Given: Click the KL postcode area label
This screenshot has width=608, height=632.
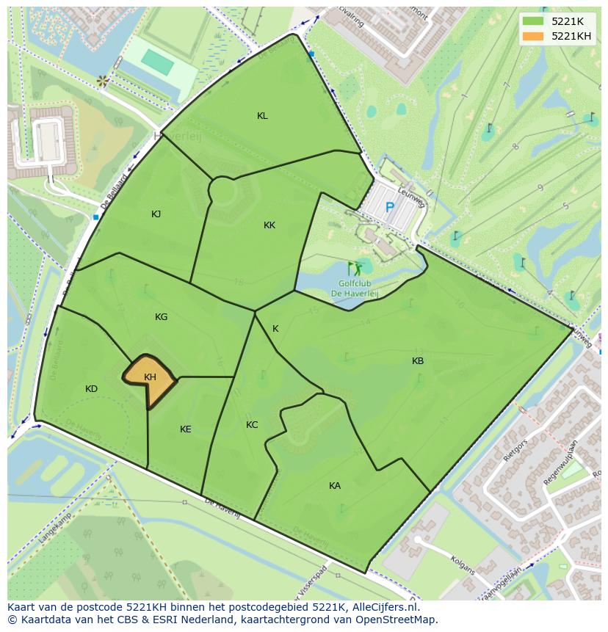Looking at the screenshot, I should pyautogui.click(x=262, y=116).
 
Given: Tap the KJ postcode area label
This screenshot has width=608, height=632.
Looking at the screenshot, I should pyautogui.click(x=156, y=214).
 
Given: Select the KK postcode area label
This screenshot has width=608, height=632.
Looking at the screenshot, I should pyautogui.click(x=269, y=225).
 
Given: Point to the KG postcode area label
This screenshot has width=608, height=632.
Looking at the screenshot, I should pyautogui.click(x=162, y=317).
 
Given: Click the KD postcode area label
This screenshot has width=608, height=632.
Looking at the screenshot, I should pyautogui.click(x=91, y=389).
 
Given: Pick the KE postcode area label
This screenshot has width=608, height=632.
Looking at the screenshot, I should pyautogui.click(x=186, y=429).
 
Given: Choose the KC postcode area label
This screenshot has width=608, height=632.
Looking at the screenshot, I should pyautogui.click(x=252, y=425).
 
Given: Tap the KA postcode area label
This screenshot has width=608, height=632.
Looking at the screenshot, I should pyautogui.click(x=335, y=486).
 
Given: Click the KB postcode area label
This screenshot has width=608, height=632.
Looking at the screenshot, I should pyautogui.click(x=418, y=361).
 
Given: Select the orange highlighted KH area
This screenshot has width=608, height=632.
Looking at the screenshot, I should pyautogui.click(x=150, y=377).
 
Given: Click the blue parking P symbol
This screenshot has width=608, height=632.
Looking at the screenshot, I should pyautogui.click(x=390, y=208).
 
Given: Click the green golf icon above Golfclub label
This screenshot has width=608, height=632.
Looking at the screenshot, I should pyautogui.click(x=355, y=268).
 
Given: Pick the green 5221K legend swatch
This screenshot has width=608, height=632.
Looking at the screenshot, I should pyautogui.click(x=533, y=21).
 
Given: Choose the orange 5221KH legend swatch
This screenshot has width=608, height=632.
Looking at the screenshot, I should pyautogui.click(x=533, y=36).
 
